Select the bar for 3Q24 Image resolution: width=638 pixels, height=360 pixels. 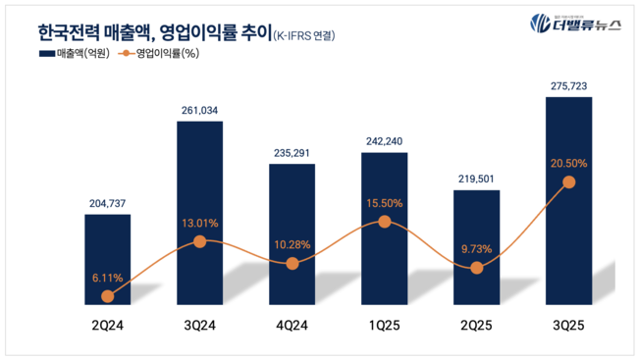click(199, 211)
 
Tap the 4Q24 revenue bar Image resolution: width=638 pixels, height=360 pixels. click(292, 231)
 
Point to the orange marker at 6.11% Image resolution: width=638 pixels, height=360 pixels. click(107, 296)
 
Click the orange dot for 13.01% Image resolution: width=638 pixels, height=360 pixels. click(199, 240)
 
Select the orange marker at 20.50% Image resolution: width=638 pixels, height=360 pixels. click(568, 182)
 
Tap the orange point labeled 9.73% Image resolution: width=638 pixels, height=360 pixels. click(476, 268)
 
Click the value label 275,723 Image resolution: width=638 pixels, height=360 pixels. click(568, 87)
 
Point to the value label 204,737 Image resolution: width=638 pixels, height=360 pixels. click(107, 203)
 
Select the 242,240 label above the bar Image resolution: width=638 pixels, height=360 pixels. click(384, 141)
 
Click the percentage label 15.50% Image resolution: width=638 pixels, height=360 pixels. click(384, 201)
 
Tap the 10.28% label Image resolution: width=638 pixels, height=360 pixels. click(292, 242)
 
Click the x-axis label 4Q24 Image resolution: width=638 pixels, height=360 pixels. click(292, 324)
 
